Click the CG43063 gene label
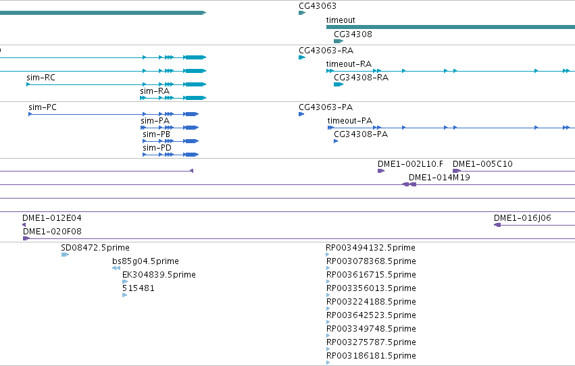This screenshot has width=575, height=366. point(318,6)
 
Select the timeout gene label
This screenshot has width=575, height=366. point(341,20)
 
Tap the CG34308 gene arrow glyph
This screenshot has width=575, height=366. point(338,41)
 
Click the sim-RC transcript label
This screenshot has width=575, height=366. point(41,77)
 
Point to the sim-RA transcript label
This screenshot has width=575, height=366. point(155,91)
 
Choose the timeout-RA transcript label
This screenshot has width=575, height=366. point(349,64)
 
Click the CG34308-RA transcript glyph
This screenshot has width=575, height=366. point(338,84)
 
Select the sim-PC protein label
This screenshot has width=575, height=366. point(43,107)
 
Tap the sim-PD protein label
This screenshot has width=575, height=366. point(157,148)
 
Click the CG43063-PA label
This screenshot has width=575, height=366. point(326,107)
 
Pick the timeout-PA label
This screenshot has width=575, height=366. point(350,120)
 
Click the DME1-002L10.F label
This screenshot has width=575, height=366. point(410,164)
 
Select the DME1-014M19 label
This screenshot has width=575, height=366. point(439,178)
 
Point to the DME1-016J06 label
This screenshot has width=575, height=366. point(522,218)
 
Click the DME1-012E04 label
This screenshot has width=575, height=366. point(52,218)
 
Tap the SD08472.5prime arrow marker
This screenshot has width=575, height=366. point(65,255)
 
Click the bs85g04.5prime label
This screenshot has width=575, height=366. point(145,261)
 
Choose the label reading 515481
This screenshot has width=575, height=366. point(139,288)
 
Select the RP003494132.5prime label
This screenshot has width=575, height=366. point(370,248)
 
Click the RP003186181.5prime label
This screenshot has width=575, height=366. point(371,356)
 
